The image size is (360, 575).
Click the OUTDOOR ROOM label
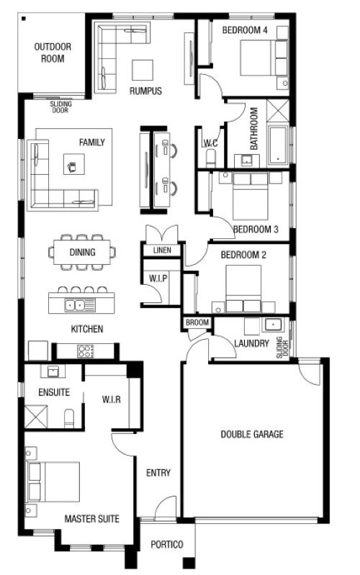(53, 53)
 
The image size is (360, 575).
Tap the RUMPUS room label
(145, 91)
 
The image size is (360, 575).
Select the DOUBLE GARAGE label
(252, 434)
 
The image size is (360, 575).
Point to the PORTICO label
(167, 545)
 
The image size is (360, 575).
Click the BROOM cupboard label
(197, 322)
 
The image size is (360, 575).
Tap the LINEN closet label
(162, 250)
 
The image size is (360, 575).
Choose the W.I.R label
(111, 399)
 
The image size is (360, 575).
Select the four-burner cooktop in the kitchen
(85, 351)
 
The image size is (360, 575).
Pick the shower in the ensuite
(36, 416)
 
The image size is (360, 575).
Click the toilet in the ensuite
(69, 418)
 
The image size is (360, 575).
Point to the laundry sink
(273, 325)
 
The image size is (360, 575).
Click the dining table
(82, 252)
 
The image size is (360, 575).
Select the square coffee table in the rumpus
(143, 70)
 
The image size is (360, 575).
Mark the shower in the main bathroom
(278, 110)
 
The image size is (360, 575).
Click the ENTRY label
(158, 473)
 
